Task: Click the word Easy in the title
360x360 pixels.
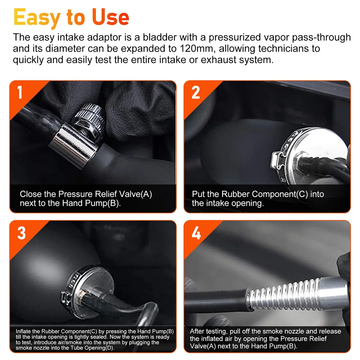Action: [37, 18]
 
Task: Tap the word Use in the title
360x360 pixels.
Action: [110, 17]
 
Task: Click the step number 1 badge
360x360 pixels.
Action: [20, 92]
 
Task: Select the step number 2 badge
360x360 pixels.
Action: [196, 92]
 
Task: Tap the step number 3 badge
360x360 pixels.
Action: [21, 233]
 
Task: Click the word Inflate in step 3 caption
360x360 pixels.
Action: [23, 331]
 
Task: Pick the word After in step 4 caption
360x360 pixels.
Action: [197, 331]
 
